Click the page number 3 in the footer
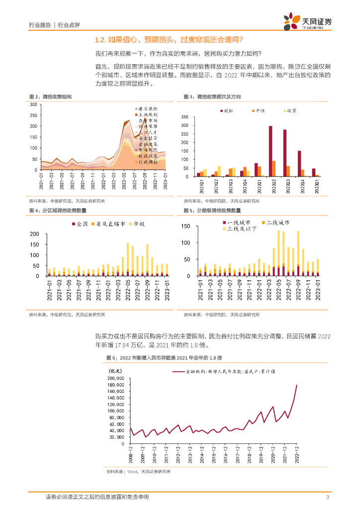click(327, 497)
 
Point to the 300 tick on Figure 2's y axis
click(33, 104)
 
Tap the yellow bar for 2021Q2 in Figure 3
click(219, 171)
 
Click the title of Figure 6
click(164, 358)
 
